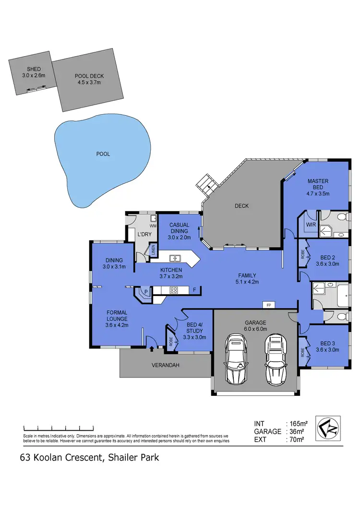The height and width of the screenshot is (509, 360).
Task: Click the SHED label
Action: coord(34,70)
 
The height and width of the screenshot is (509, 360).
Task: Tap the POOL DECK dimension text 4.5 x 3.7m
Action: coord(89,82)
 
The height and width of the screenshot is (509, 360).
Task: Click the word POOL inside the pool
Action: coord(103,154)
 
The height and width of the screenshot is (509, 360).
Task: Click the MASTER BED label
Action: coord(318,184)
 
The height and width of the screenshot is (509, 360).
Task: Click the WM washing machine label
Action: coord(154,225)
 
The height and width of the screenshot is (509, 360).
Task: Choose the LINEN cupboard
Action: coord(153,250)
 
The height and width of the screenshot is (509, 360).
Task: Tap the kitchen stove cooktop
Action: coord(174,290)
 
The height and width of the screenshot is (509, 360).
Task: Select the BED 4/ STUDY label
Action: coord(194,331)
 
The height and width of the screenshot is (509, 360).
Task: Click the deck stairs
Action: coord(207,185)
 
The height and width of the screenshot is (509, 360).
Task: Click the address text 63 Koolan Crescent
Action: coord(61,457)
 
